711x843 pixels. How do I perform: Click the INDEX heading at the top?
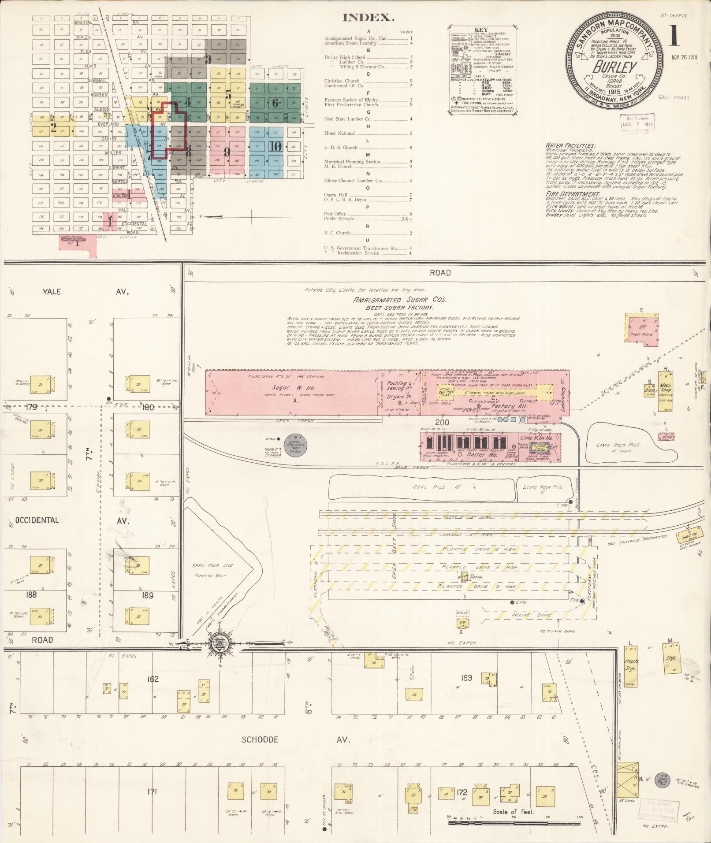[368, 18]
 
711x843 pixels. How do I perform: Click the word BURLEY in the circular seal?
[615, 67]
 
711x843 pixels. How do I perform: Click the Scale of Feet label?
[513, 811]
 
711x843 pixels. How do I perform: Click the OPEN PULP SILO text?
[212, 565]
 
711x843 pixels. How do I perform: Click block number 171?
[153, 792]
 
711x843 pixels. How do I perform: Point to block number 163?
[466, 677]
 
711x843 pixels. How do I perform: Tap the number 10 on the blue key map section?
[276, 147]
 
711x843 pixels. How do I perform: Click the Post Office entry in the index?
[335, 214]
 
